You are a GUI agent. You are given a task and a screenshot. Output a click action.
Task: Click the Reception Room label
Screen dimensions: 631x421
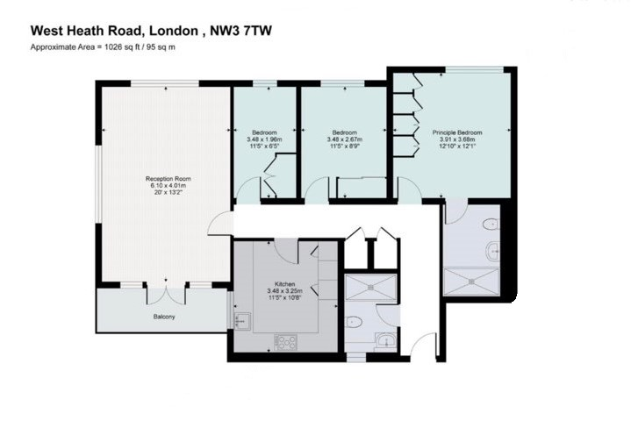pos(169,179)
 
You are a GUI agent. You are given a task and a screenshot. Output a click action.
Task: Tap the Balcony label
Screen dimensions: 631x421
pos(164,317)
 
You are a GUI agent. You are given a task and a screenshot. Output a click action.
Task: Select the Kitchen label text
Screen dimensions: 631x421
pos(284,284)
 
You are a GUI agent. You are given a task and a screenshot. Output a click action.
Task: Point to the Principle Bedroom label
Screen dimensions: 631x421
pos(457,132)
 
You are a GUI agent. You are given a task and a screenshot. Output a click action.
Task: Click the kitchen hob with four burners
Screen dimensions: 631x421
pos(286,342)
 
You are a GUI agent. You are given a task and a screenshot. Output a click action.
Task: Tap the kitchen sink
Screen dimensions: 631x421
pos(242,322)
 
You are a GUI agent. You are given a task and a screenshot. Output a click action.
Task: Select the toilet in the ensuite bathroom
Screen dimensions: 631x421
pos(491,224)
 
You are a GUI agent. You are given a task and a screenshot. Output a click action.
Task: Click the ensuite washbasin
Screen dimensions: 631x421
pos(493,252)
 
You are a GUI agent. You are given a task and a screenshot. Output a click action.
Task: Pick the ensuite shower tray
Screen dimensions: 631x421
pos(470,282)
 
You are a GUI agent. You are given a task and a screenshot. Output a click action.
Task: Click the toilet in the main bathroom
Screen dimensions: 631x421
pos(354,322)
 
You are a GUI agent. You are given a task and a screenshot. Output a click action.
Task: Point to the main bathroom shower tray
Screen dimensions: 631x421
pos(370,287)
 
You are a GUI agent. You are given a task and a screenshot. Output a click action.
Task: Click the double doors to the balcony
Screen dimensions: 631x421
pos(166,296)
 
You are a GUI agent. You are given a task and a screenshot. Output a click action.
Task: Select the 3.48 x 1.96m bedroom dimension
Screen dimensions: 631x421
pos(264,139)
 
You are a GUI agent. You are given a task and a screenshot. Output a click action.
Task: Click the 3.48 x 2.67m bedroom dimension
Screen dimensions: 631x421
pos(345,139)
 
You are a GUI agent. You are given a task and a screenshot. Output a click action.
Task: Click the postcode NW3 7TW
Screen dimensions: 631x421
pos(241,31)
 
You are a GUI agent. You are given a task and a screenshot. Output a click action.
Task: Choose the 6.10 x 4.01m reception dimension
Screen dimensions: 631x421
pos(169,186)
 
